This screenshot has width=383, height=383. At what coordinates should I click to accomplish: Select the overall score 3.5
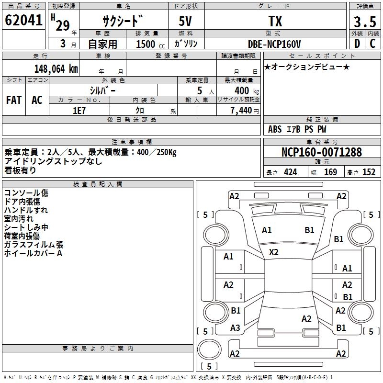[x=364, y=22]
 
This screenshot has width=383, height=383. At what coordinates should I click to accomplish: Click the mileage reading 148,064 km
[x=56, y=68]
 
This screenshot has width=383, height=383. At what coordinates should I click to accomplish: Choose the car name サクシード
[x=123, y=22]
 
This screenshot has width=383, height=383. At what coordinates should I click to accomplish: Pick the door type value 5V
[x=186, y=22]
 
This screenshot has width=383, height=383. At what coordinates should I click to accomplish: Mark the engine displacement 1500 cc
[x=149, y=44]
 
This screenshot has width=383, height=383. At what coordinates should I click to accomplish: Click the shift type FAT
[x=13, y=100]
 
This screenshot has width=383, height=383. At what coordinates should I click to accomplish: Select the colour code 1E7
[x=79, y=110]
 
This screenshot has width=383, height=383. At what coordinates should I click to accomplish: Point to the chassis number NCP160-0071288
[x=322, y=152]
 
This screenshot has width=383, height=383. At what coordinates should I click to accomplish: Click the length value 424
[x=290, y=172]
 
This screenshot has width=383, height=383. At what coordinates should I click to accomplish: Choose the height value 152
[x=369, y=172]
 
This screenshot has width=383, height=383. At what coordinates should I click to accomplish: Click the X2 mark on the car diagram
[x=274, y=252]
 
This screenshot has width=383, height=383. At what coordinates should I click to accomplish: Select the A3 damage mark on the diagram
[x=235, y=327]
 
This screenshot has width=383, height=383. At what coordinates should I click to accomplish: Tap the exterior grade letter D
[x=357, y=44]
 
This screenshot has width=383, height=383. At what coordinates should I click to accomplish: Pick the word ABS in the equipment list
[x=275, y=129]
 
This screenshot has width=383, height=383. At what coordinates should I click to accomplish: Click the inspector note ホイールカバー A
[x=33, y=253]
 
